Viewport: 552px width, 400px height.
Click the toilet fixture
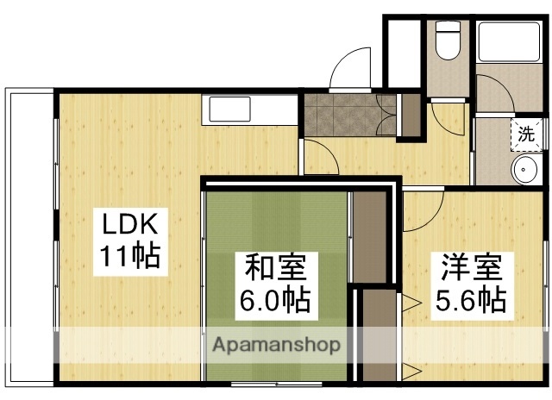click(x=448, y=41)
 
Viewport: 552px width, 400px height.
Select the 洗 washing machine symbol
click(x=525, y=134)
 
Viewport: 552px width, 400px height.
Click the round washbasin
click(x=525, y=170)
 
